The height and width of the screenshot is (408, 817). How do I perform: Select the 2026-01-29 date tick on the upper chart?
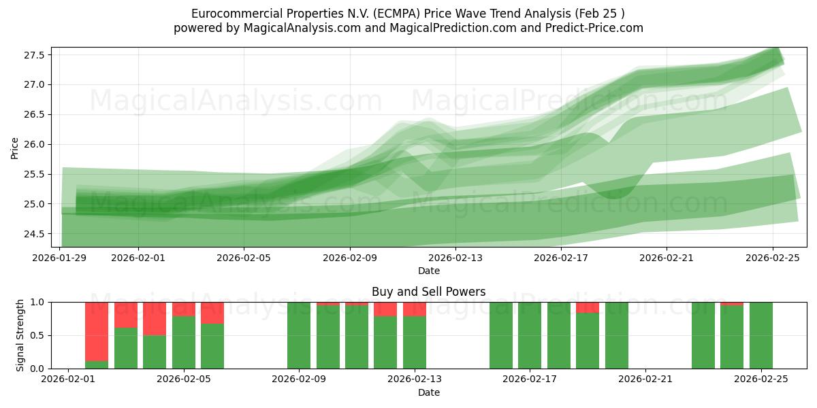click(59, 258)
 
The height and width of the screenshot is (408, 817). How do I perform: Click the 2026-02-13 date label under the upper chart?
click(455, 258)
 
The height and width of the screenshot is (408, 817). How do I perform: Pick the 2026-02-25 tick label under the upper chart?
click(773, 258)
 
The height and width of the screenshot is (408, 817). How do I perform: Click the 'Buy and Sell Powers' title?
click(429, 292)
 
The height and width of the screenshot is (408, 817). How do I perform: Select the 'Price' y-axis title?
click(15, 148)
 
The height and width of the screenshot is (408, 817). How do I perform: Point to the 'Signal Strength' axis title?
click(20, 335)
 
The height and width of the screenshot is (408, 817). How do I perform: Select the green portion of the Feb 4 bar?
click(155, 352)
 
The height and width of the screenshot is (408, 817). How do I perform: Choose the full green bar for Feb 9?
click(299, 335)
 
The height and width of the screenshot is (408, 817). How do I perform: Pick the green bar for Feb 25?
click(761, 335)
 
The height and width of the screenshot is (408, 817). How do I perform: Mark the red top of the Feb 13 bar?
click(415, 309)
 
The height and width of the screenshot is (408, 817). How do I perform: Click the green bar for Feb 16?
click(501, 335)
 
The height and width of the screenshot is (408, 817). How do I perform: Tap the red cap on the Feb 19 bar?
click(588, 307)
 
